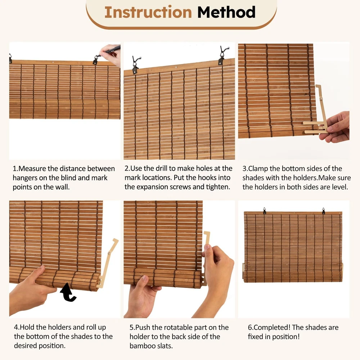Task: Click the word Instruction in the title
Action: (148, 12)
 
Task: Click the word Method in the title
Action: (226, 12)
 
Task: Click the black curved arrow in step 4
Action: (68, 292)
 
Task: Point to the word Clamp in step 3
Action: (258, 168)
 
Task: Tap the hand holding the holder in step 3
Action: (336, 127)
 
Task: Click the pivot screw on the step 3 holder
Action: (321, 99)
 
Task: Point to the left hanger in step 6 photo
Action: (265, 211)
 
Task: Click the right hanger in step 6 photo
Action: (324, 211)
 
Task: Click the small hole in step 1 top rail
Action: (53, 62)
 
